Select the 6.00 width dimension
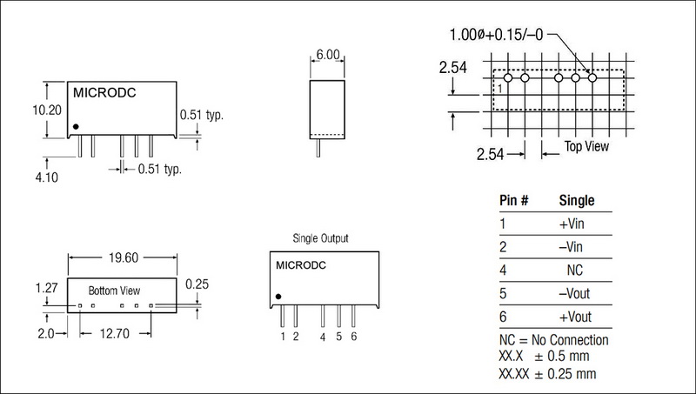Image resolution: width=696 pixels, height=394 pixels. [327, 53]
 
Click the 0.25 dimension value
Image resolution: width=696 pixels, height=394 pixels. [198, 284]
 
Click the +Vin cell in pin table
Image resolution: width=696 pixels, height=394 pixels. [575, 224]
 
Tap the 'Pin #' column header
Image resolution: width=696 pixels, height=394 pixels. [515, 200]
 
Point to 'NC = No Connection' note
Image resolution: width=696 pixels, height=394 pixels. [554, 340]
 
